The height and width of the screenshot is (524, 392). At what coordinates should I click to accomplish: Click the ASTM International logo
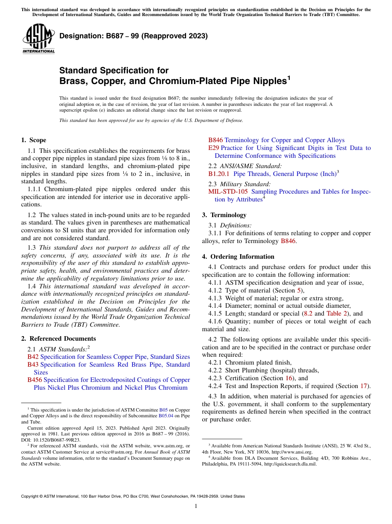[x=38, y=39]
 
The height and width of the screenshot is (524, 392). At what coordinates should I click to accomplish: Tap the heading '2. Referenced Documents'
[x=58, y=339]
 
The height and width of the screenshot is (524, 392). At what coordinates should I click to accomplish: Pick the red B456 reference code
[x=35, y=380]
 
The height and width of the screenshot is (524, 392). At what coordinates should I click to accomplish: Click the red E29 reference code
[x=213, y=148]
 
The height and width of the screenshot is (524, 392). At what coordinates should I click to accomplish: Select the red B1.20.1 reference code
[x=219, y=174]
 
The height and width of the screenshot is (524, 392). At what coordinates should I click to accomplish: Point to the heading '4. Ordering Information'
[x=238, y=257]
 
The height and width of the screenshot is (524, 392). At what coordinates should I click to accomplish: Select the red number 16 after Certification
[x=289, y=378]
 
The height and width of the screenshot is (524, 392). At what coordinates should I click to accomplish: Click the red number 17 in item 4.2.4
[x=364, y=386]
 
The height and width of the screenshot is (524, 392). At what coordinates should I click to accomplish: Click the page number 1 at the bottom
[x=196, y=506]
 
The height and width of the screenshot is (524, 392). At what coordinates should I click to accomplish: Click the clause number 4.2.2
[x=216, y=370]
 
